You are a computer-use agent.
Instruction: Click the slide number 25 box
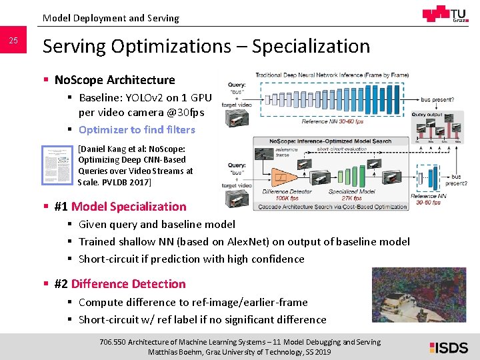pos(13,42)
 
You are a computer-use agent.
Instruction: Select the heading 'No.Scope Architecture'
pos(115,80)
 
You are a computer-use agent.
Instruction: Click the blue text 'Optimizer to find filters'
pos(137,129)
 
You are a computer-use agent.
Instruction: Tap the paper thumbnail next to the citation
pos(58,166)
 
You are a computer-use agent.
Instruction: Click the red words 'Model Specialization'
pos(129,207)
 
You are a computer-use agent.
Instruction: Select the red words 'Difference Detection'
pos(128,284)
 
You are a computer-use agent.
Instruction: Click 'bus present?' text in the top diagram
pos(443,99)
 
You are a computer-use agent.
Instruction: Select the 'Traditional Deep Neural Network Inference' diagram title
pos(331,75)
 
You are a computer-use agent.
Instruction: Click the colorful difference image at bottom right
pos(419,296)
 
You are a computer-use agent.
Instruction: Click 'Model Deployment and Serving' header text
pos(111,18)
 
